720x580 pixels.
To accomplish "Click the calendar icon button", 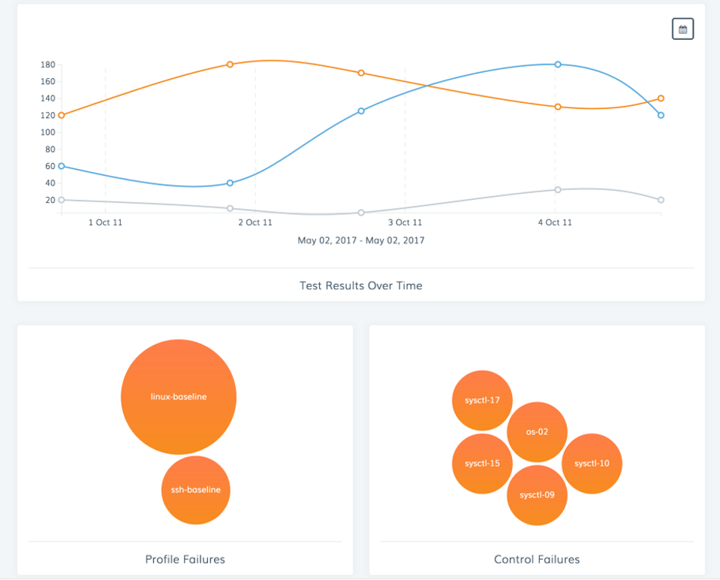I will [x=682, y=29].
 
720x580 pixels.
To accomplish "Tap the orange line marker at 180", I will [x=230, y=64].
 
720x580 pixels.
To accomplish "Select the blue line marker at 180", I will [x=558, y=65].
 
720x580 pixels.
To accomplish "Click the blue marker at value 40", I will [x=230, y=183].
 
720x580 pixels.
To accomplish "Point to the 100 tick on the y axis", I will [x=49, y=132].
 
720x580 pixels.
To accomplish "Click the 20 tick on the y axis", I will [x=49, y=200].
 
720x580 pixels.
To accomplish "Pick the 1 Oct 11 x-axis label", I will [x=105, y=222].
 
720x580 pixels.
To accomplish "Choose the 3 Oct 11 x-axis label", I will [x=405, y=222].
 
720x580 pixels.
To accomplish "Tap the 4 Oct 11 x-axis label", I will [x=555, y=222].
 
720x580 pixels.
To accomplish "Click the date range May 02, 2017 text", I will [x=361, y=240].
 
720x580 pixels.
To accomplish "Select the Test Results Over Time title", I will [x=361, y=285].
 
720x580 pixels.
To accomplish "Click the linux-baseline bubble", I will [x=179, y=397].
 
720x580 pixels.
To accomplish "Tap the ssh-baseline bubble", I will [x=195, y=490].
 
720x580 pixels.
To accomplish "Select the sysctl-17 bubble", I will [x=482, y=400].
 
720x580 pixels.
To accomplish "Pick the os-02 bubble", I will [x=537, y=432].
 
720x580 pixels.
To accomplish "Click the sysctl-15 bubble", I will [x=482, y=464].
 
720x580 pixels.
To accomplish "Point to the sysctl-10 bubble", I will [x=592, y=464].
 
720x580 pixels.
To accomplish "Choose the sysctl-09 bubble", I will [x=537, y=495].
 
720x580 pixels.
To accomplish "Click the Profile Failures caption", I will [x=185, y=559].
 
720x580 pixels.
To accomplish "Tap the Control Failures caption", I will [x=537, y=559].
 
